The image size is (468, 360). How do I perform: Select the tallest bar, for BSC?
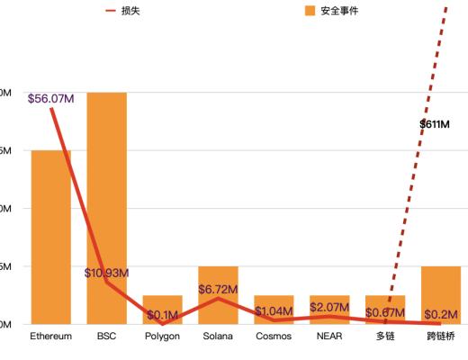tap(106, 207)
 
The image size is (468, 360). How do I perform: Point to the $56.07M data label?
tap(50, 98)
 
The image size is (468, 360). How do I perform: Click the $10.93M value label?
tap(106, 273)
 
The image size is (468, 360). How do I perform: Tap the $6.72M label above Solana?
tap(218, 290)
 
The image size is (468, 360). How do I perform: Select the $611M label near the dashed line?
tap(434, 124)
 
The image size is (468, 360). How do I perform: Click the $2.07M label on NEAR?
tap(329, 308)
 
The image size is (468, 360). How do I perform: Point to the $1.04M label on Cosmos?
tap(274, 311)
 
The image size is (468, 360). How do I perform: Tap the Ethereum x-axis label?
tap(50, 337)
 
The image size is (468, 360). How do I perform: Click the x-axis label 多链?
tap(385, 337)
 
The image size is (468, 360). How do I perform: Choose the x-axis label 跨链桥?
tap(441, 337)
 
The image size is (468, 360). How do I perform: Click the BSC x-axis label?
tap(106, 337)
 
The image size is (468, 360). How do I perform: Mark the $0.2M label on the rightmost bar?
tap(441, 314)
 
